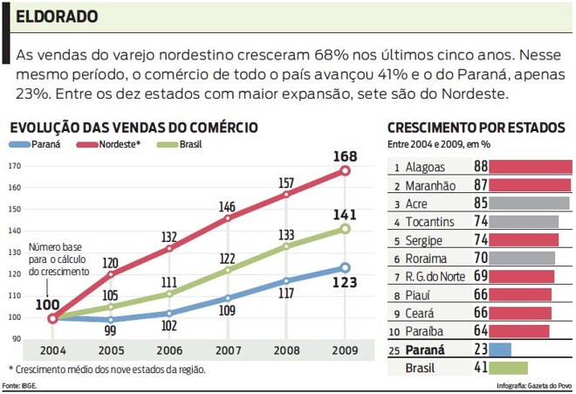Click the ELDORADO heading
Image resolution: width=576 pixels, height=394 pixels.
(x=57, y=17)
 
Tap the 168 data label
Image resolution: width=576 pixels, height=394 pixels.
(x=345, y=156)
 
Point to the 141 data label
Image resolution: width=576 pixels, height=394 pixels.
(x=345, y=213)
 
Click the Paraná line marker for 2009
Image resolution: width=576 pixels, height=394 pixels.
(x=345, y=268)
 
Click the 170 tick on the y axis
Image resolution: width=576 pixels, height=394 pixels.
(x=15, y=166)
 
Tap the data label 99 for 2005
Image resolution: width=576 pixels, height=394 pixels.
(x=110, y=331)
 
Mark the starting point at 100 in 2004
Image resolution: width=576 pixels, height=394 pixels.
(x=52, y=318)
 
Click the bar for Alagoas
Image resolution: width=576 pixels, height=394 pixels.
(x=530, y=166)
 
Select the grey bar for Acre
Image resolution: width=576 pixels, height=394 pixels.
(x=528, y=203)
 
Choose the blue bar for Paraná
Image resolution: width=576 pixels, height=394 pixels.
(x=500, y=349)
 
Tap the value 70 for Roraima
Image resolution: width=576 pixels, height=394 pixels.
(x=480, y=258)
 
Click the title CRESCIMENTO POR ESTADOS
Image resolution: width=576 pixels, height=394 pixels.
(x=475, y=128)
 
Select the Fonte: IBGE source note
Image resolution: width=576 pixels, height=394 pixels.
(x=19, y=385)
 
